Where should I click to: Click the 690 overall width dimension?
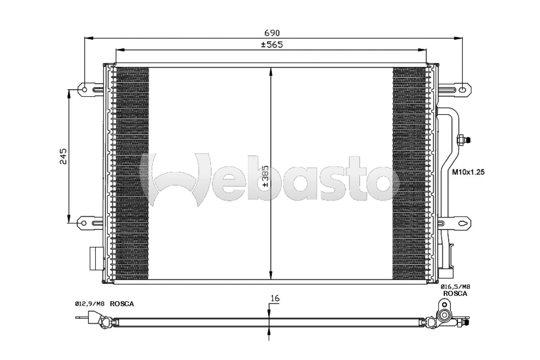[272, 32]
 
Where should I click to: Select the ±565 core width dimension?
[272, 45]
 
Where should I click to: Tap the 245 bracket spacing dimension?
[63, 156]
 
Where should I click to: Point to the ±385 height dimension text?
[265, 176]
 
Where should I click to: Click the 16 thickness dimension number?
[275, 299]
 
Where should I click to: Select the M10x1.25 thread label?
[468, 172]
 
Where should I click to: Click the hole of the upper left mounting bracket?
[84, 90]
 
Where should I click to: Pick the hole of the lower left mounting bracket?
[84, 223]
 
